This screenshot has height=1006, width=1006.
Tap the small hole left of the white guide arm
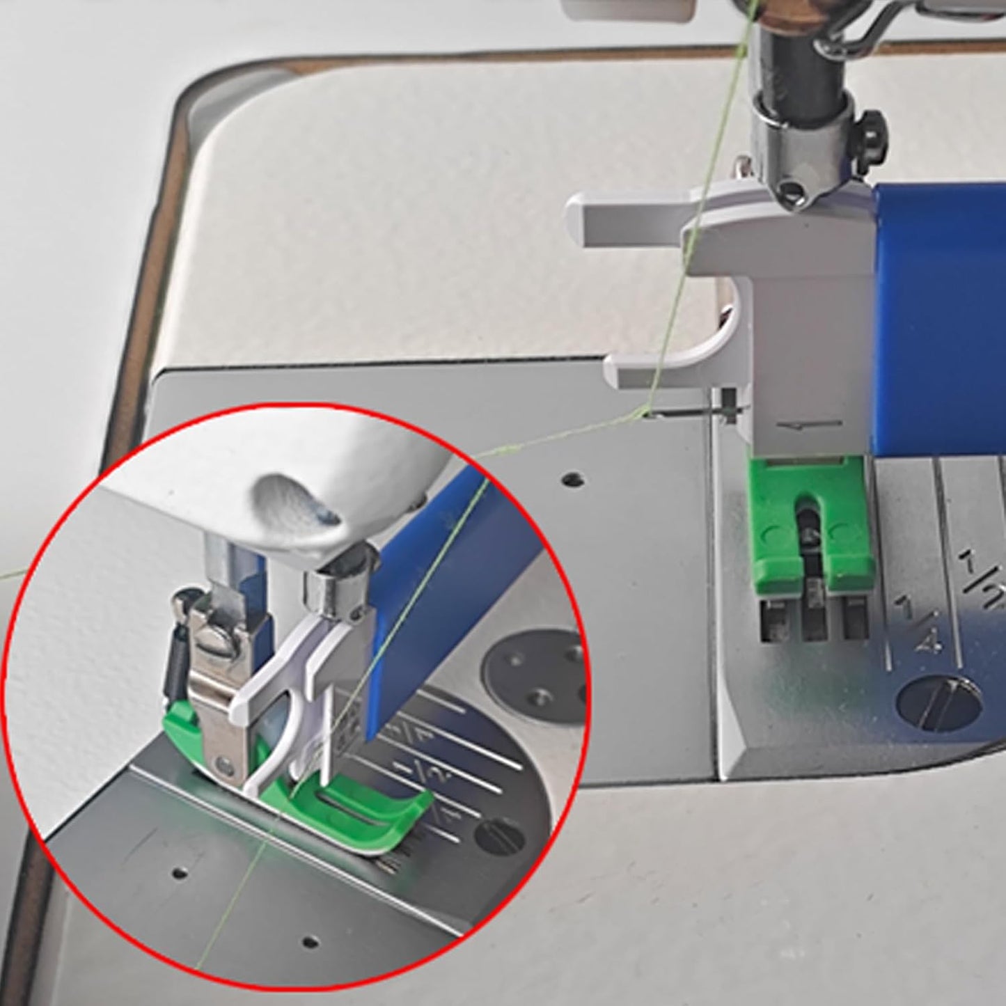[572, 479]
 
